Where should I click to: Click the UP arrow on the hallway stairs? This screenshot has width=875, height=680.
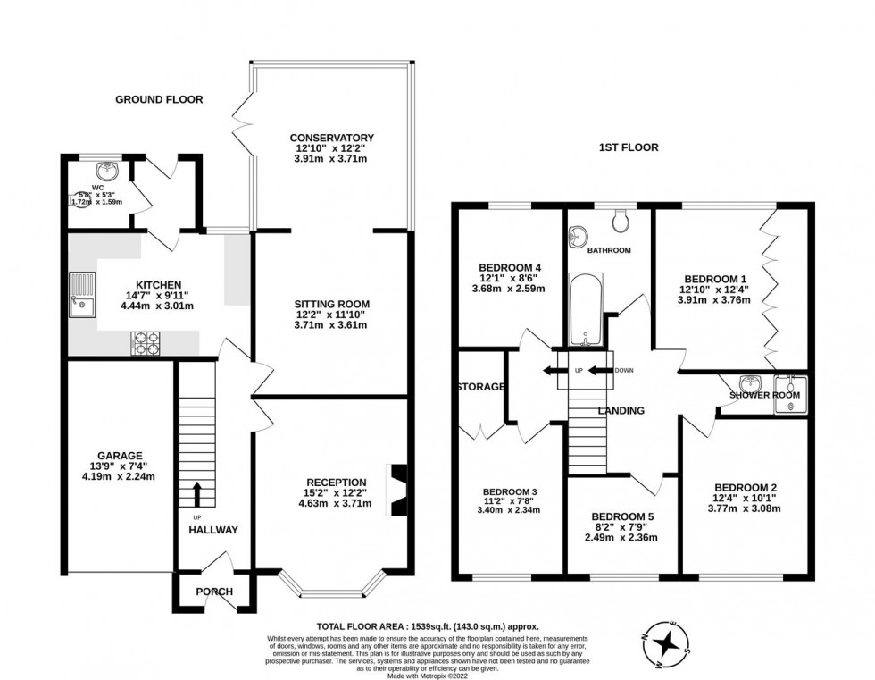pos(197,491)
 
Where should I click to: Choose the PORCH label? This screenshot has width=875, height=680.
pos(214,592)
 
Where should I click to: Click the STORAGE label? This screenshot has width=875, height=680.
pos(481,387)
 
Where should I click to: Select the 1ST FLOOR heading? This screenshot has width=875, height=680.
pos(629,147)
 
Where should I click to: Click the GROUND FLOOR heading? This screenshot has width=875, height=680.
pos(159,99)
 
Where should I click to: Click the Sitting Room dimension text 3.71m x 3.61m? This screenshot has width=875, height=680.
pos(330,324)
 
